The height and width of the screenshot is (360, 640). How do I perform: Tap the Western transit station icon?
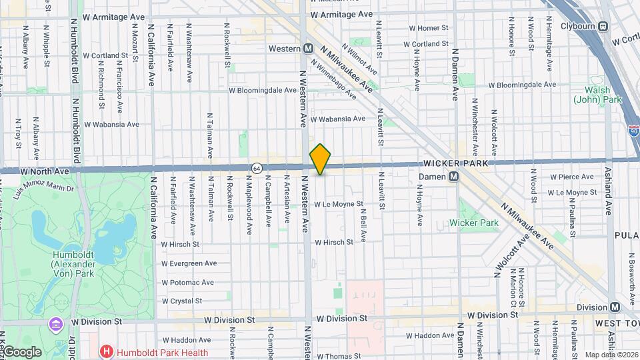coord(308,49)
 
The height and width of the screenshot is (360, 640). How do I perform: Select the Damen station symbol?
coord(454,177)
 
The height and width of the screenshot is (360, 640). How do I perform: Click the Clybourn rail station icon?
coord(603,27)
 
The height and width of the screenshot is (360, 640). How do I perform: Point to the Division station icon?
coord(614,307)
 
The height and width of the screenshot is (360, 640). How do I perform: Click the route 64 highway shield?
coord(256,167)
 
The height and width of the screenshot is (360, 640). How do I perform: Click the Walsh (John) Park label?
coord(593,94)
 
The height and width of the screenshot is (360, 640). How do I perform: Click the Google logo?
coord(23,351)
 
